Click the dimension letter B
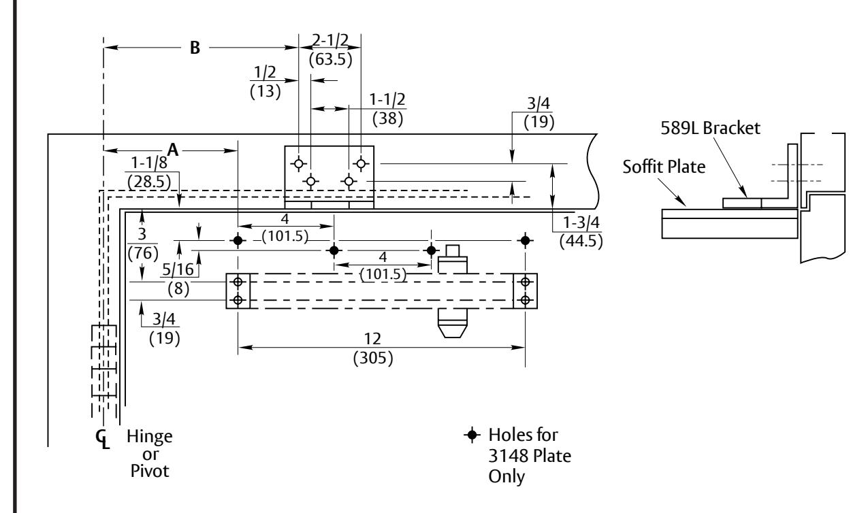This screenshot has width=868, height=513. pyautogui.click(x=195, y=48)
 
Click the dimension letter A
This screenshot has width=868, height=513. pyautogui.click(x=173, y=150)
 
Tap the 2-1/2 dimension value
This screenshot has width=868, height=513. pyautogui.click(x=331, y=40)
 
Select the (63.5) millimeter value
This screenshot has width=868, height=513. pyautogui.click(x=331, y=59)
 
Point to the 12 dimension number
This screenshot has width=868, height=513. pyautogui.click(x=373, y=339)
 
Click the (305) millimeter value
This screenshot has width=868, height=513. pyautogui.click(x=373, y=358)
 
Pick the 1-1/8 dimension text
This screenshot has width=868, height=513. pyautogui.click(x=149, y=163)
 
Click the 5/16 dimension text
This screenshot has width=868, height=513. pyautogui.click(x=178, y=269)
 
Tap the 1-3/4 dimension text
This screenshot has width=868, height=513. pyautogui.click(x=581, y=222)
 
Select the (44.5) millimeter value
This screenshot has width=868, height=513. pyautogui.click(x=581, y=242)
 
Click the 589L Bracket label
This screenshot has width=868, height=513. pyautogui.click(x=710, y=128)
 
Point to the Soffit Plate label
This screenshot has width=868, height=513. pyautogui.click(x=664, y=167)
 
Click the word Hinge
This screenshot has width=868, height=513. pyautogui.click(x=150, y=437)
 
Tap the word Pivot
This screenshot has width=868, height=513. pyautogui.click(x=150, y=471)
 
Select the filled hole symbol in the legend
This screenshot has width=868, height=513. pyautogui.click(x=472, y=435)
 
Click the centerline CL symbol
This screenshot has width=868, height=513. pyautogui.click(x=102, y=439)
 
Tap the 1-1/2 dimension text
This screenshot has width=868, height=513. pyautogui.click(x=387, y=99)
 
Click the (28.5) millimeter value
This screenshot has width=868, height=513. pyautogui.click(x=149, y=182)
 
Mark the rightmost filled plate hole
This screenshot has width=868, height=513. pyautogui.click(x=525, y=240)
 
